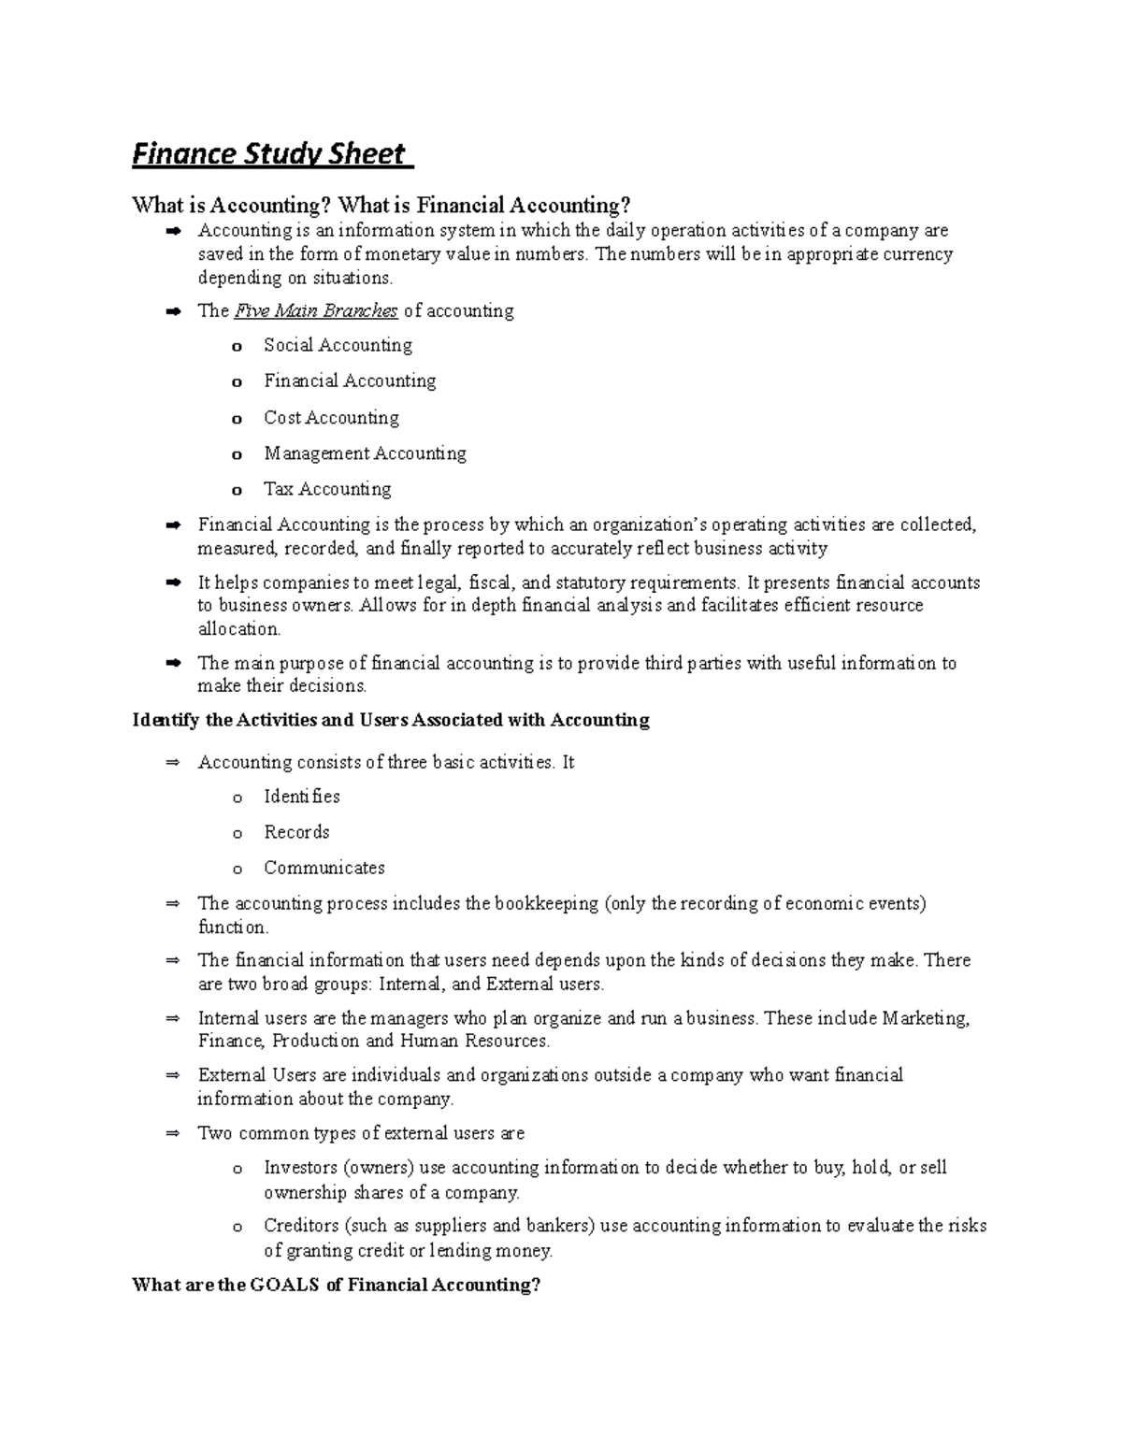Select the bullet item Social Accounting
tap(338, 345)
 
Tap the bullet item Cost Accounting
tap(331, 417)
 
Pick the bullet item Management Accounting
tap(365, 453)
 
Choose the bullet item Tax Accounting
tap(327, 489)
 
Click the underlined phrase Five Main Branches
tap(316, 310)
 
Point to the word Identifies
tap(302, 797)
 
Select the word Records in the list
tap(296, 832)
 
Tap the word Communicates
tap(324, 868)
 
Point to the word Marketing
tap(926, 1018)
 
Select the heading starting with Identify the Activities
tap(391, 720)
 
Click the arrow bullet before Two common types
tap(172, 1134)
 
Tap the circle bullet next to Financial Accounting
tap(237, 382)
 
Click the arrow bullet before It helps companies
tap(172, 583)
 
